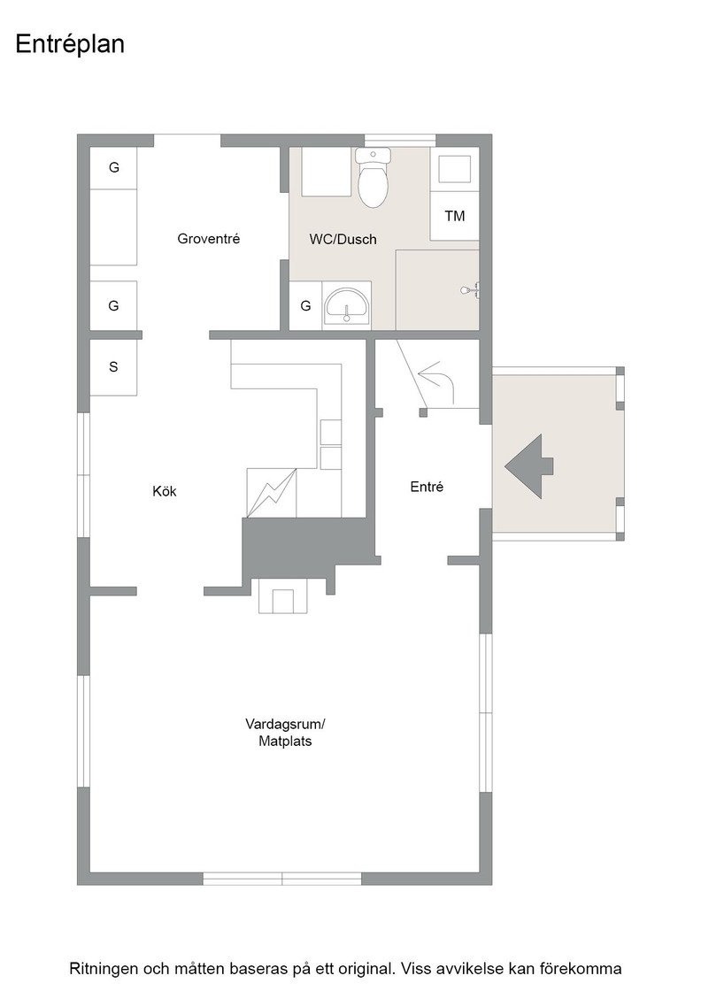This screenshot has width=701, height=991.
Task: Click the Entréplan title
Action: point(70,44)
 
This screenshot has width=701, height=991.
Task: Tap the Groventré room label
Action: point(209,239)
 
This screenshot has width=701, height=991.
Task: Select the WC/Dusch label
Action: point(343,240)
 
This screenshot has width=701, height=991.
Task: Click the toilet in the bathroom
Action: point(373,178)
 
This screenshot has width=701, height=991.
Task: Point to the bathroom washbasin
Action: point(346,306)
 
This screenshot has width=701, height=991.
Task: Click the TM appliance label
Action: point(454,216)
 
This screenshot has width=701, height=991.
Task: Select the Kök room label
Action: point(165,491)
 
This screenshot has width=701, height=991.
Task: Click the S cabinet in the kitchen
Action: point(113,367)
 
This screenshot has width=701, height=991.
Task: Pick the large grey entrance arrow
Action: point(528,466)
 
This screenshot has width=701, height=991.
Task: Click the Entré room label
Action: point(427,487)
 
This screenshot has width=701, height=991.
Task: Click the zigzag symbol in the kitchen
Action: point(273,493)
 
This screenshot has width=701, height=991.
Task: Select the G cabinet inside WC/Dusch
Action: point(306,306)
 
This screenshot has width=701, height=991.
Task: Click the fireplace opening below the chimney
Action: point(282,601)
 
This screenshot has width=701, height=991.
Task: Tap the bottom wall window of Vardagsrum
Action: point(282,879)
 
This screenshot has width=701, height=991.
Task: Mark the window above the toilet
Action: point(400,141)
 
